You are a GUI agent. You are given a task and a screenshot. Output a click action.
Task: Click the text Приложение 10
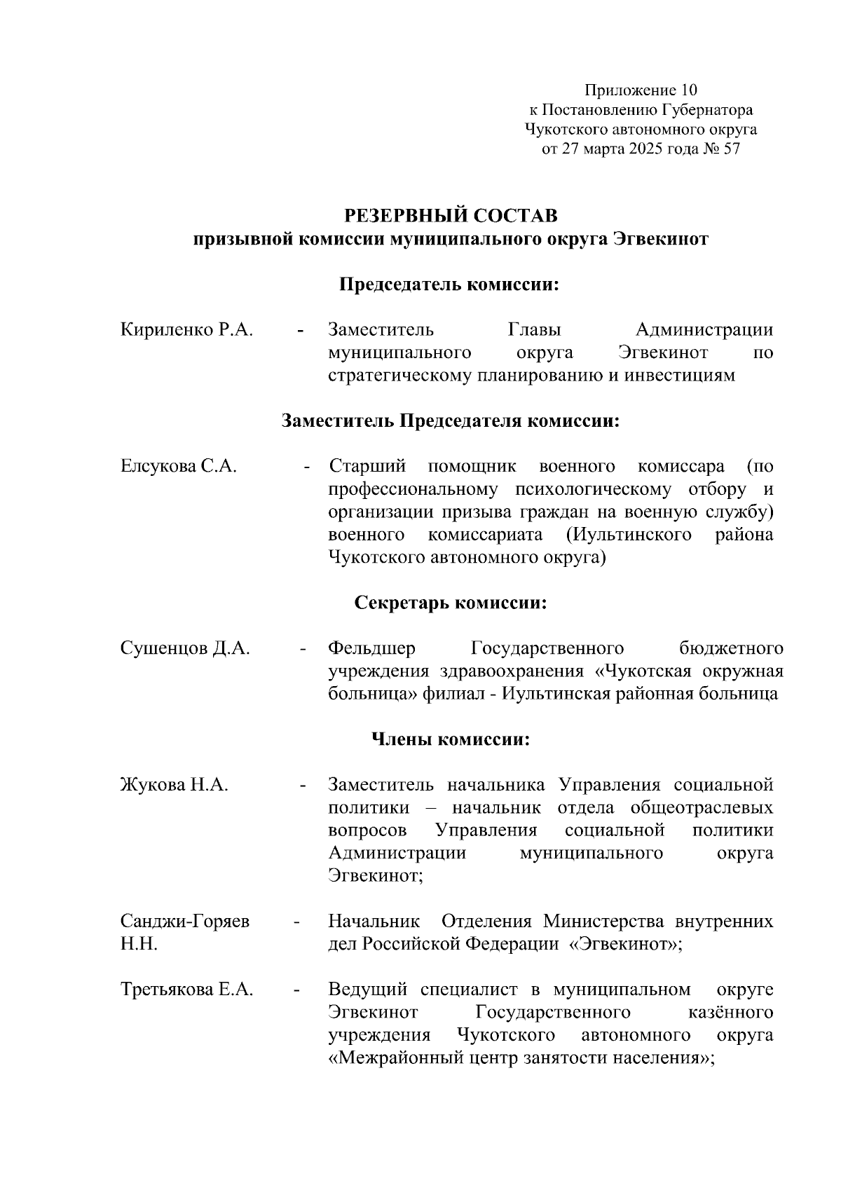[x=641, y=90]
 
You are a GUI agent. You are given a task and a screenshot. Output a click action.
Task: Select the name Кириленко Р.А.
[x=186, y=329]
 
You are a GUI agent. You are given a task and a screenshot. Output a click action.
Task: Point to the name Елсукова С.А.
[x=179, y=466]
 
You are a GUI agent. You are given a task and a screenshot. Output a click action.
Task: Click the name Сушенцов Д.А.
[x=185, y=648]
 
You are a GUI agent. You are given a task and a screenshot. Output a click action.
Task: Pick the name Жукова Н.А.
[x=175, y=785]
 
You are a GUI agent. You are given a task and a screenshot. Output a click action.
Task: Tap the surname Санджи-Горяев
[x=185, y=921]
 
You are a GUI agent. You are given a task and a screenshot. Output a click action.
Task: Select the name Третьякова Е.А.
[x=186, y=990]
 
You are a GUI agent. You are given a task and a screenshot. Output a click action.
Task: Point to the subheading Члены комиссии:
[x=451, y=739]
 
